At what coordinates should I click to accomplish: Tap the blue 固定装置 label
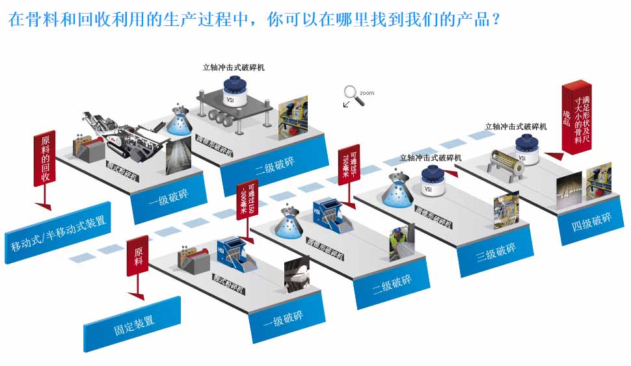click(132, 323)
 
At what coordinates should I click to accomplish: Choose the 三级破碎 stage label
click(496, 252)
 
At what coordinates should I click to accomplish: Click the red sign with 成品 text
click(576, 118)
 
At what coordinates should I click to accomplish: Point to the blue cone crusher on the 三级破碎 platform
click(397, 189)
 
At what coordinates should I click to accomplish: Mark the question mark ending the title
click(496, 19)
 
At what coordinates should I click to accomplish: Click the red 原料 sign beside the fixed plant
click(138, 255)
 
